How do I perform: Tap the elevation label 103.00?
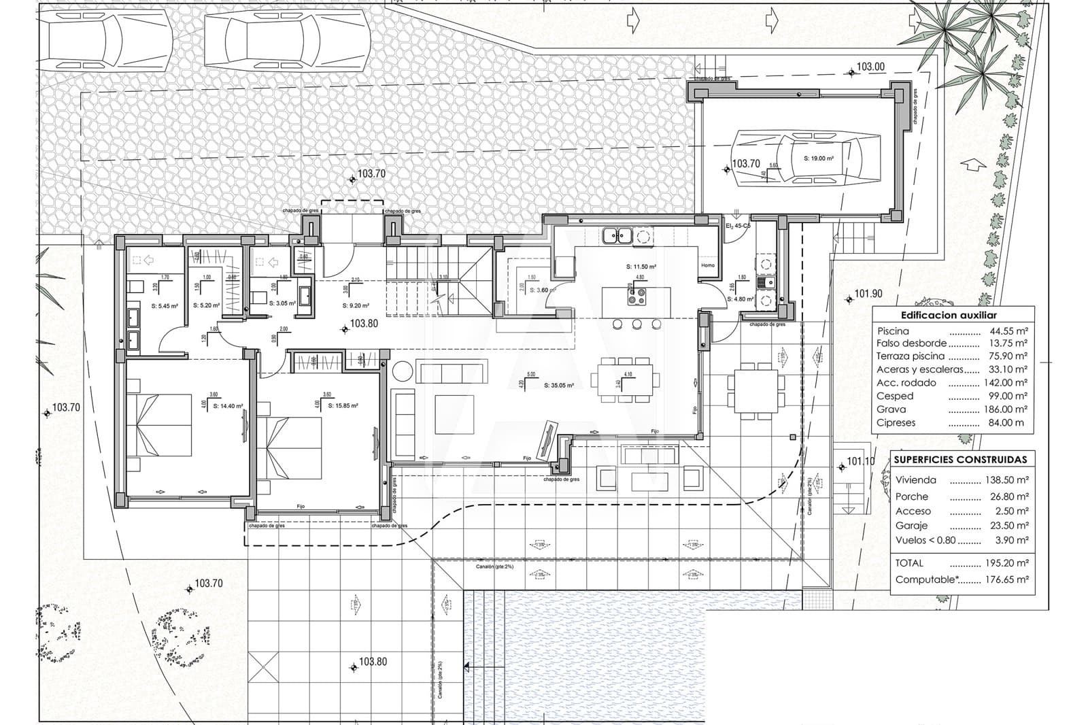coord(870,67)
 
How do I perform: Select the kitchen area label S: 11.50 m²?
coord(641,267)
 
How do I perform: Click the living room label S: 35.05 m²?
coord(559,385)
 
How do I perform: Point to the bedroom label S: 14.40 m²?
coord(228,406)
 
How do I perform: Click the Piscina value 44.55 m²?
coord(1008,331)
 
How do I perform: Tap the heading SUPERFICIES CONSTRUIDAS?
coord(960,460)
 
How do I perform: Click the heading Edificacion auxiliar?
coord(949,316)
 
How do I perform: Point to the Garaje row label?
coord(911,526)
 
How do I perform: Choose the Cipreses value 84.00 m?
coord(1008,422)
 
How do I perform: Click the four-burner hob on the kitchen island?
coord(637,296)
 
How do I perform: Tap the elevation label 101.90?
coord(868,294)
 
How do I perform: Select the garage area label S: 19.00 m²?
coord(818,158)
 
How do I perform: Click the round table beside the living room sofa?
coord(402,371)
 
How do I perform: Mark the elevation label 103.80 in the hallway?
coord(364,324)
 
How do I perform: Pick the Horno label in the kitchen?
coord(707,265)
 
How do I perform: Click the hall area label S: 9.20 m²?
coord(356,305)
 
